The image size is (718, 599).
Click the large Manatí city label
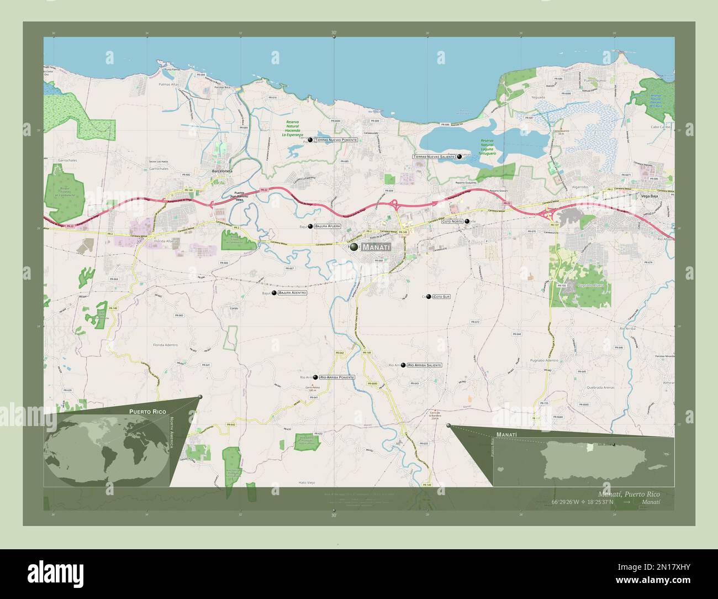(x=376, y=248)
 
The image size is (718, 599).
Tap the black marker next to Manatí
(x=354, y=248)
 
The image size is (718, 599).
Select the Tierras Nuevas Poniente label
(x=336, y=140)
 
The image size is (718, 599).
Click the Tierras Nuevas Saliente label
(x=434, y=157)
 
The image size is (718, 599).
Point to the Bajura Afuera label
(x=328, y=227)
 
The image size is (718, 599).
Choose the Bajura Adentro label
(x=292, y=292)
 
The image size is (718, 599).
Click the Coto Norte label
(x=452, y=222)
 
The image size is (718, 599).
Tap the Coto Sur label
(x=442, y=297)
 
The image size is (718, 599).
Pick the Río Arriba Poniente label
(x=336, y=377)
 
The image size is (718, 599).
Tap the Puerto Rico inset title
(x=147, y=412)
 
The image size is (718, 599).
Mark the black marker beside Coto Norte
(x=467, y=222)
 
